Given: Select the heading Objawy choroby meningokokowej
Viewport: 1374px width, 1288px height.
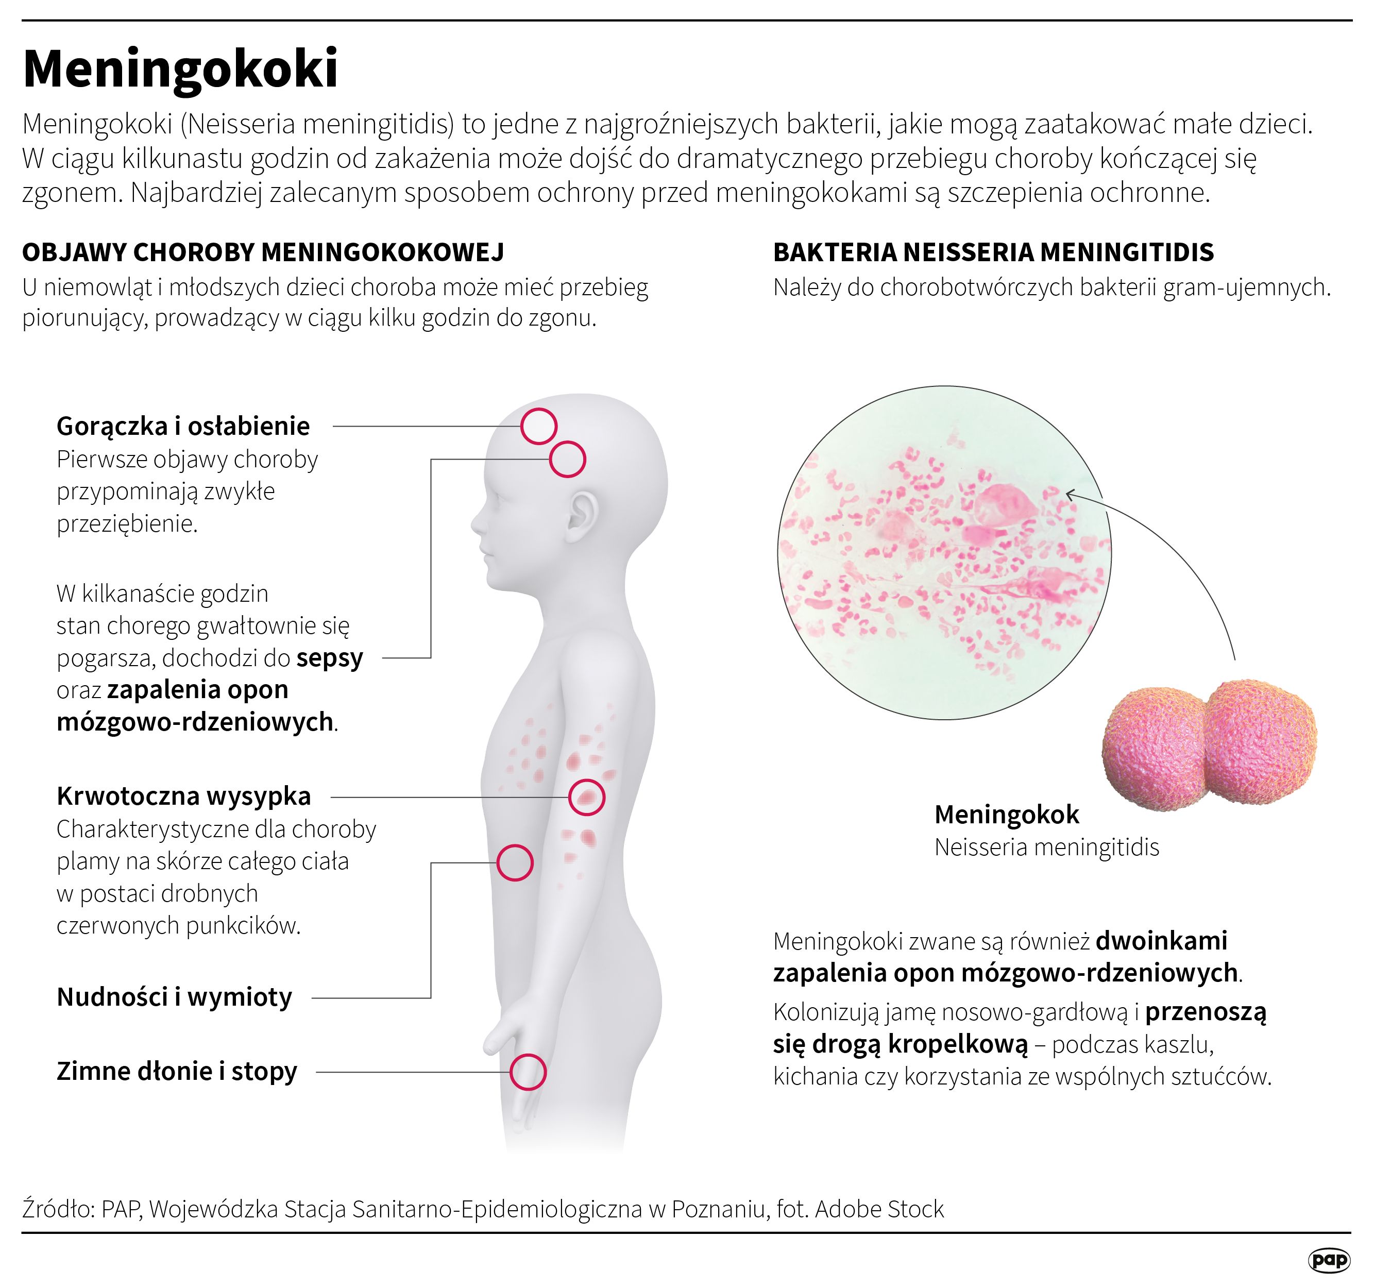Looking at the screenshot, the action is tap(263, 252).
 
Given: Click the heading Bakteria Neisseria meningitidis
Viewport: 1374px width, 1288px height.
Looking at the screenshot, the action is tap(993, 252).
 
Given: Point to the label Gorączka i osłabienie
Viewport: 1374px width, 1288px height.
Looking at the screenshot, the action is tap(183, 427).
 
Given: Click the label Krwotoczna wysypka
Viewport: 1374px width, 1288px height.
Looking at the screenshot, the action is tap(184, 796).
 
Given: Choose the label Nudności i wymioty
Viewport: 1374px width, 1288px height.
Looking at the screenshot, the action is tap(174, 997).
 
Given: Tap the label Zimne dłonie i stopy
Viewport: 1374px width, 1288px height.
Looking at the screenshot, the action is tap(177, 1071).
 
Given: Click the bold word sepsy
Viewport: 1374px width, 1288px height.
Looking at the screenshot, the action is tap(330, 658).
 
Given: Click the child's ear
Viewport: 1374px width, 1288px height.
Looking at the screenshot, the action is tap(582, 518).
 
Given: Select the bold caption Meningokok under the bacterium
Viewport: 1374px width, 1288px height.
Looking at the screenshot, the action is tap(1006, 815).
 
